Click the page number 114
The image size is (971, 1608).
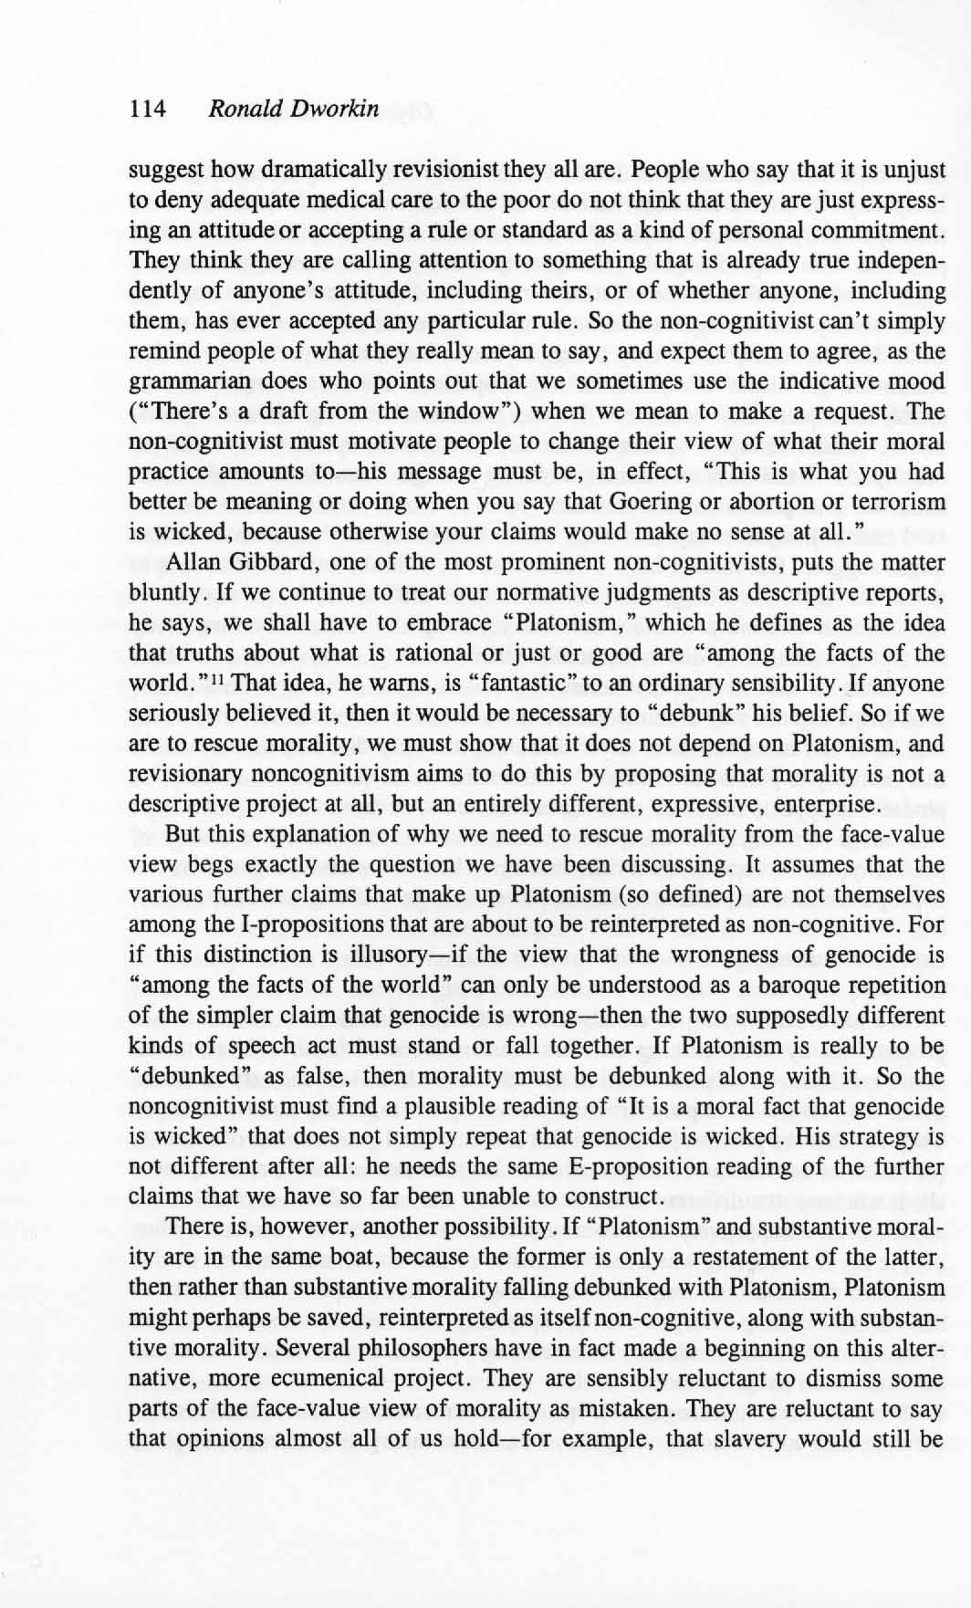(148, 110)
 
